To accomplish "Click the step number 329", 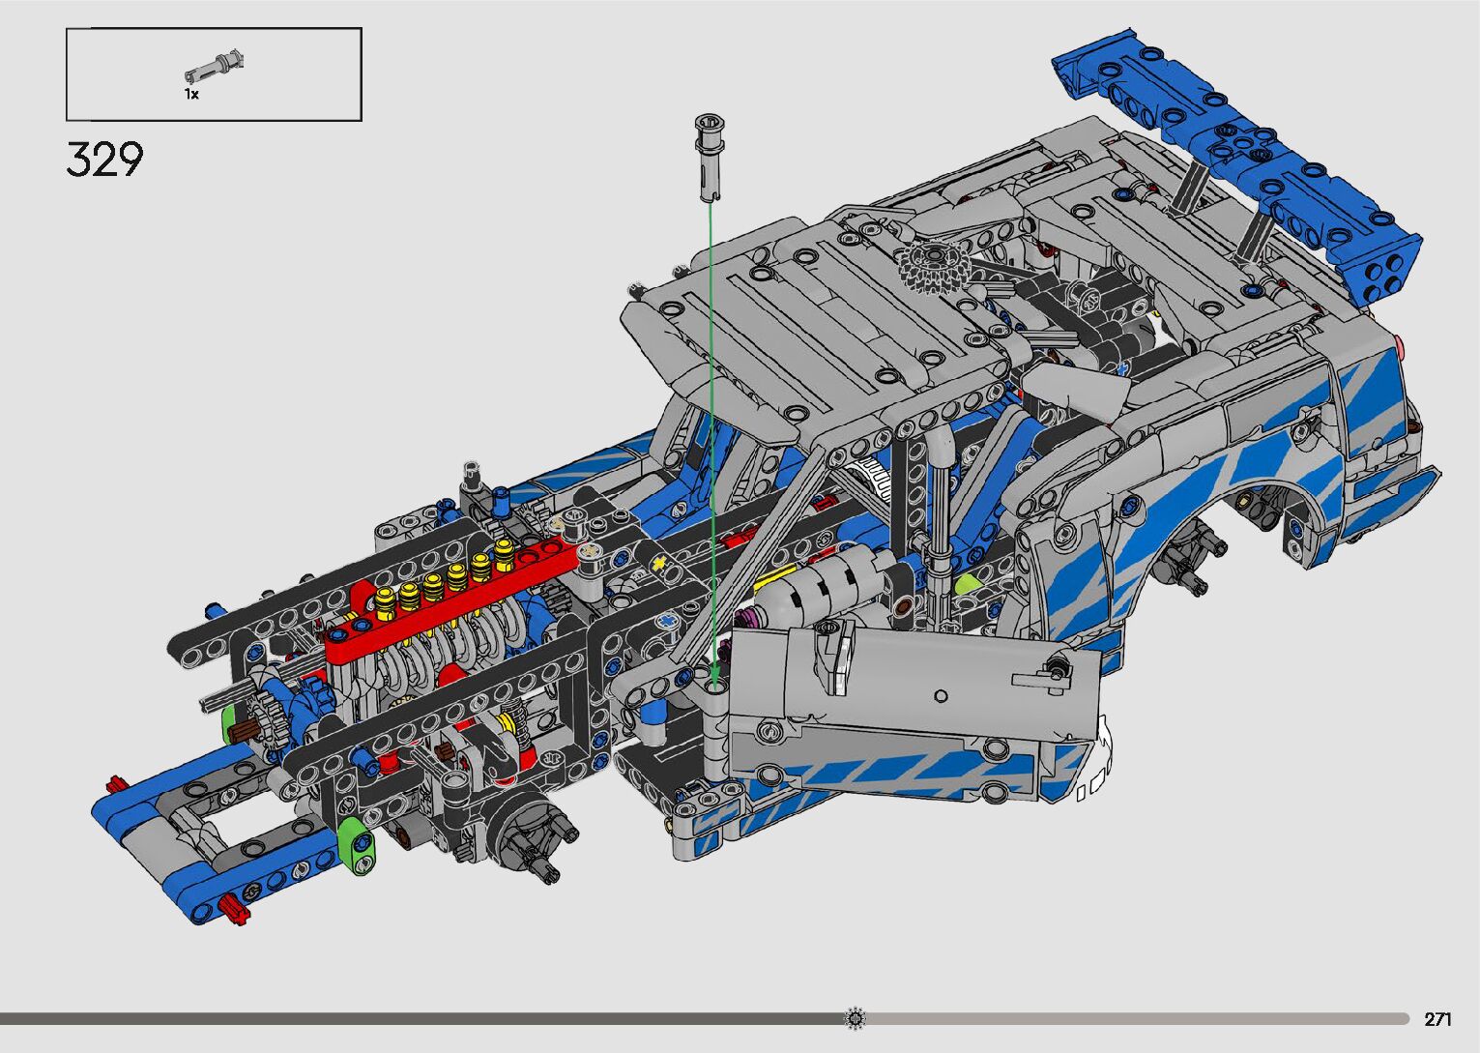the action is pyautogui.click(x=104, y=160).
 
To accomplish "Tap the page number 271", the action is pyautogui.click(x=1437, y=1018).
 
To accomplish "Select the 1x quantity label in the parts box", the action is pyautogui.click(x=191, y=95).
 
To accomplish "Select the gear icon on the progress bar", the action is pyautogui.click(x=855, y=1018).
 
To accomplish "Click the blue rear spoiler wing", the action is pyautogui.click(x=1234, y=158).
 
